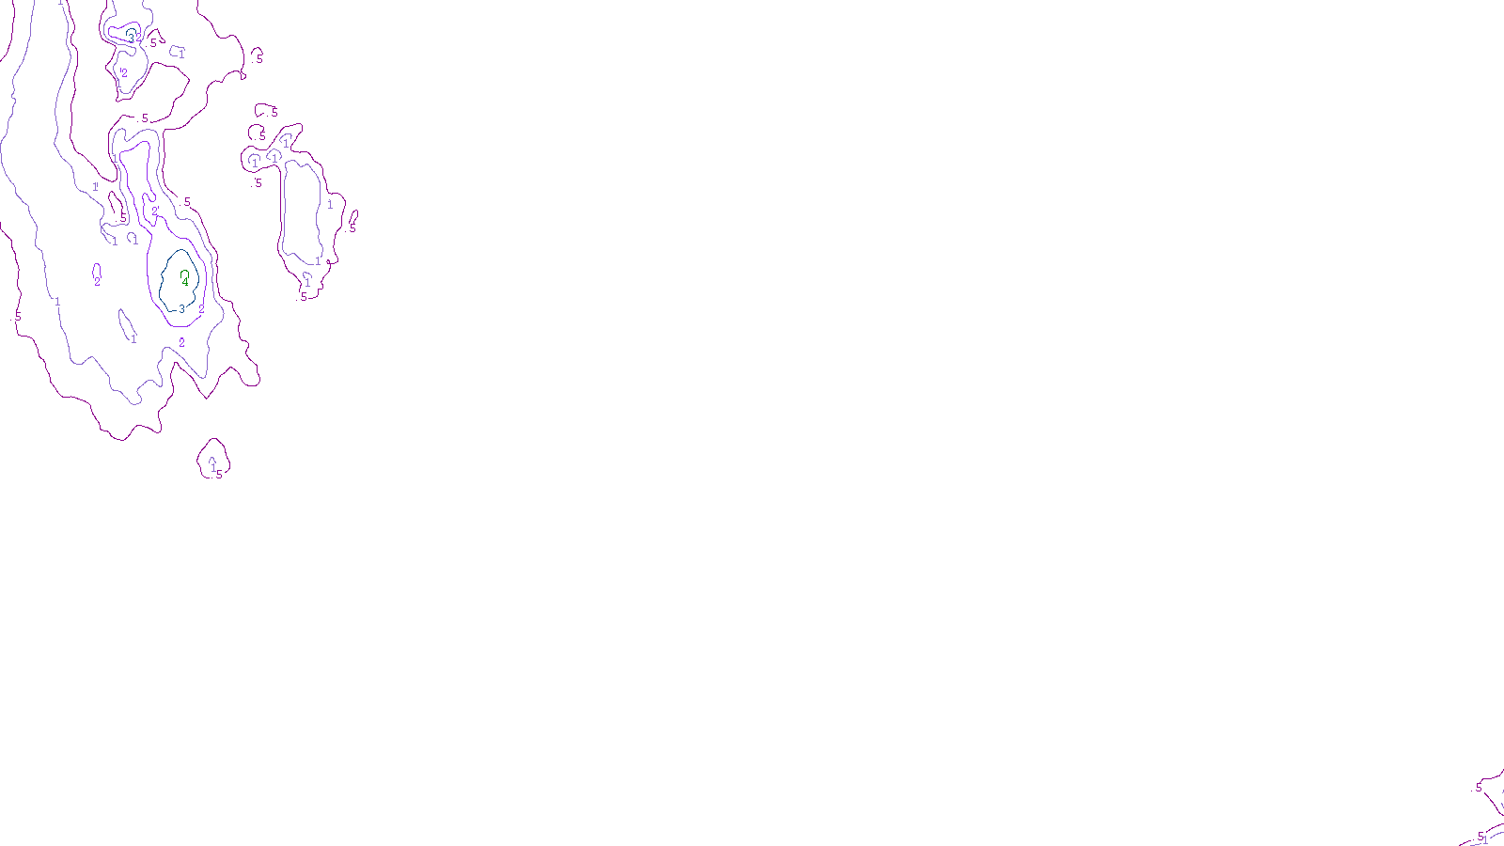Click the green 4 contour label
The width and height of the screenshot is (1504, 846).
click(x=186, y=283)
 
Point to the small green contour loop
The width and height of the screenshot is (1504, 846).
click(x=184, y=274)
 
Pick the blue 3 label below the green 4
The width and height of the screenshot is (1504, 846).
click(x=181, y=309)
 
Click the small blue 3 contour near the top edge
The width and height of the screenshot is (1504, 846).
click(x=132, y=35)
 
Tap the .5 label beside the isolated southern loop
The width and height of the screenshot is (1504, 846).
click(x=219, y=475)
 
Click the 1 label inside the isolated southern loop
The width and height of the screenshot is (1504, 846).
click(x=213, y=467)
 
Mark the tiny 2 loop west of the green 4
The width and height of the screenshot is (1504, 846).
click(x=97, y=272)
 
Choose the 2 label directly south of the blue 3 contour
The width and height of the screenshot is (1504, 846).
click(x=181, y=343)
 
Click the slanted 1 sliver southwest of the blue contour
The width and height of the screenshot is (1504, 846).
click(x=126, y=324)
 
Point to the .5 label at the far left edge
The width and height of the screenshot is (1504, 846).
click(x=17, y=317)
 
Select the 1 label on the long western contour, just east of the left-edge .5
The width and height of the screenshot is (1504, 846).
click(x=57, y=302)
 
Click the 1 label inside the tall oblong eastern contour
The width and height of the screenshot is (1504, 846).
click(x=329, y=205)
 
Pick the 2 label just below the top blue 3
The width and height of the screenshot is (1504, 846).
click(x=124, y=72)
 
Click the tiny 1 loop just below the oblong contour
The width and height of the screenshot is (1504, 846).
click(x=307, y=279)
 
